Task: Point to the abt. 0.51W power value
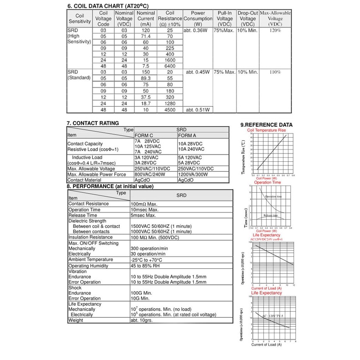click(x=197, y=110)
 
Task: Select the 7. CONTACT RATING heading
click(x=93, y=123)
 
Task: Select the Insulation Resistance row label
click(x=90, y=237)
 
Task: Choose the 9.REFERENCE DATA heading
click(x=266, y=125)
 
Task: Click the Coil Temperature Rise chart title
click(x=267, y=130)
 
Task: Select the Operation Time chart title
click(x=267, y=182)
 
